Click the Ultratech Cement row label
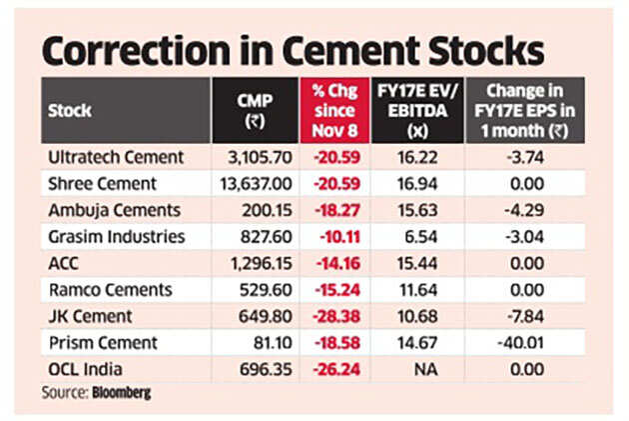pyautogui.click(x=116, y=157)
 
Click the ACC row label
pyautogui.click(x=63, y=262)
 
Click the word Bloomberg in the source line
pyautogui.click(x=124, y=393)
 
